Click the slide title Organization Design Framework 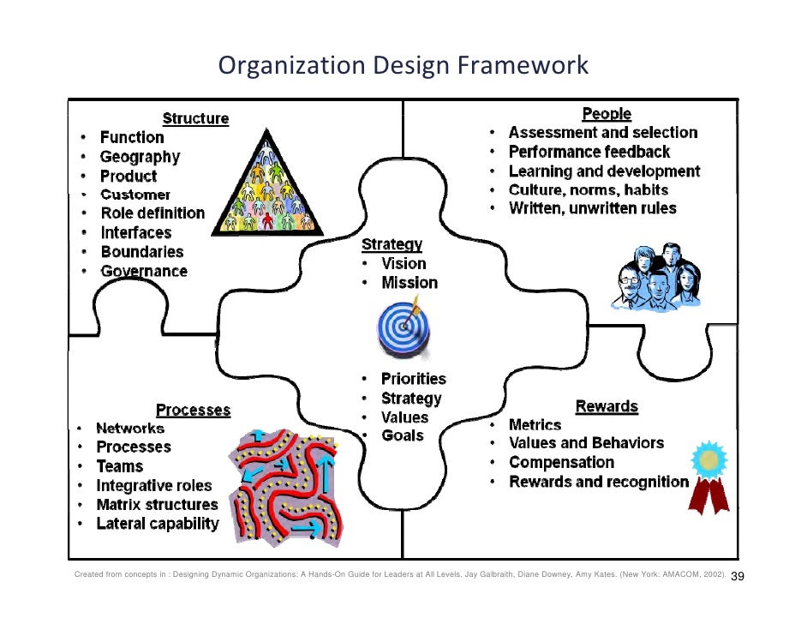(403, 65)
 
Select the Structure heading (195, 118)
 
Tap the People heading (607, 114)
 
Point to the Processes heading (193, 410)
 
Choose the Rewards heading (607, 406)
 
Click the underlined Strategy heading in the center (392, 245)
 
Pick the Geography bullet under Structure (140, 157)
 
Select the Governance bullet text (143, 271)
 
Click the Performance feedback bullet (589, 152)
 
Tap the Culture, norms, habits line (588, 190)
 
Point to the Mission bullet (409, 283)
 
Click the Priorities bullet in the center (413, 379)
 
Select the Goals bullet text (402, 435)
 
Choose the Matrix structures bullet (157, 504)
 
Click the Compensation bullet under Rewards (561, 462)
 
